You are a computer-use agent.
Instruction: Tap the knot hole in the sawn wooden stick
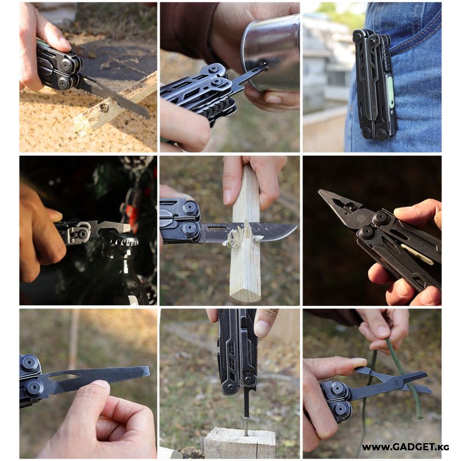[x=104, y=108]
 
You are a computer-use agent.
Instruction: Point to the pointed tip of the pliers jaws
[x=320, y=191]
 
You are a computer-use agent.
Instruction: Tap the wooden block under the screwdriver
[x=240, y=443]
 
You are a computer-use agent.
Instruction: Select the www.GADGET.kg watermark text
[x=406, y=447]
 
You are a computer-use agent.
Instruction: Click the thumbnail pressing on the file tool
[x=100, y=384]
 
